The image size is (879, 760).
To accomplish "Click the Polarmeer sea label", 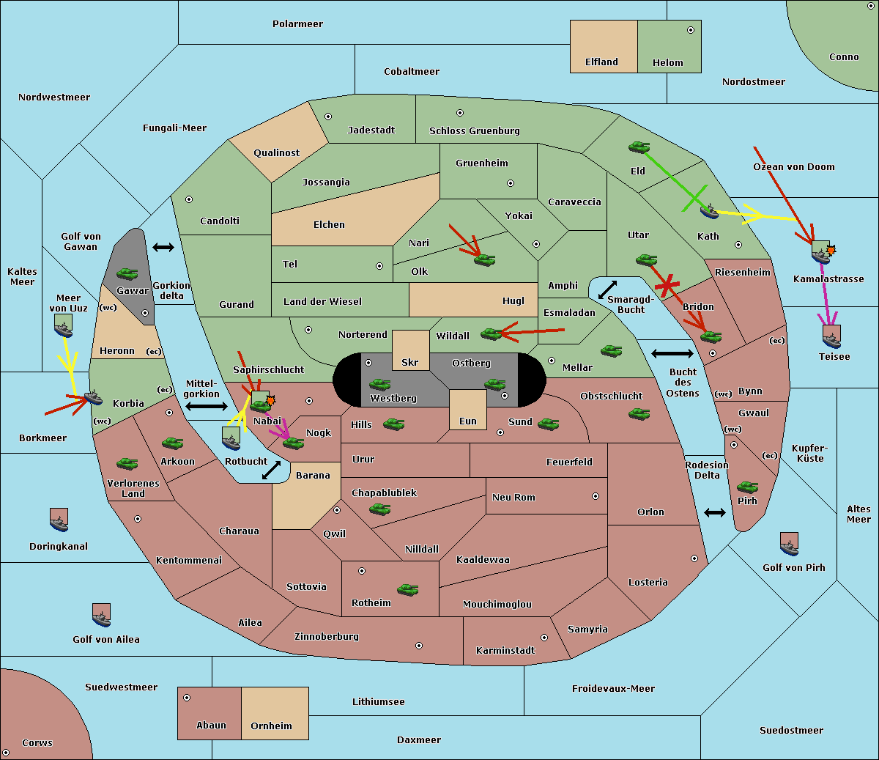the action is pyautogui.click(x=297, y=24).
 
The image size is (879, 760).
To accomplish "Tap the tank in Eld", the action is pyautogui.click(x=639, y=147).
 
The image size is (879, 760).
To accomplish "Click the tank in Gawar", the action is pyautogui.click(x=127, y=273).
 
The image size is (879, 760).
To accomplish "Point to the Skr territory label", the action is pyautogui.click(x=409, y=363).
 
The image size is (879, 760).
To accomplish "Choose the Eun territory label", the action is pyautogui.click(x=468, y=421).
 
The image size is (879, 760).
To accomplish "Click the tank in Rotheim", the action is pyautogui.click(x=408, y=590).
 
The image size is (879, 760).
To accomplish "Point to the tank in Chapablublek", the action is pyautogui.click(x=379, y=509).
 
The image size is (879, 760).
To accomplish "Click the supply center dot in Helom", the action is pyautogui.click(x=691, y=30).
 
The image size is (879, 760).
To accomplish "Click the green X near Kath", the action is pyautogui.click(x=694, y=199).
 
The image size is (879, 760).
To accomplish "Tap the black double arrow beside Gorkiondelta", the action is pyautogui.click(x=163, y=247).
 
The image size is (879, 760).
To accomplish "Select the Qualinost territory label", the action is pyautogui.click(x=276, y=153).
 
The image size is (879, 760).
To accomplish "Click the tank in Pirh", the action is pyautogui.click(x=748, y=487).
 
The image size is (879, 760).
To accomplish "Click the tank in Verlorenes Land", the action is pyautogui.click(x=127, y=463).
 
